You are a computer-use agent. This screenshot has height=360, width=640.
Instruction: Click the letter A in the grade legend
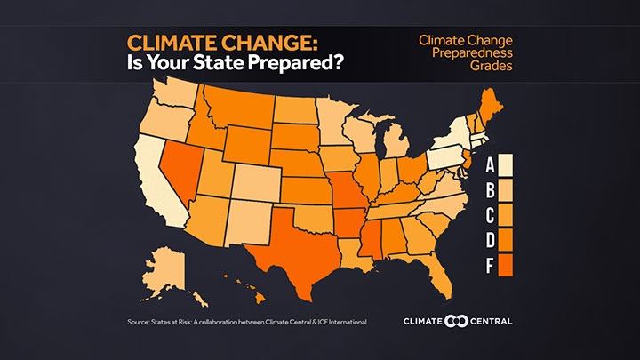490,164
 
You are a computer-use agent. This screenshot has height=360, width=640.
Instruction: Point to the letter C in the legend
490,214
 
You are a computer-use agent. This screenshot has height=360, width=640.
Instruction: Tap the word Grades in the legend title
465,66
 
